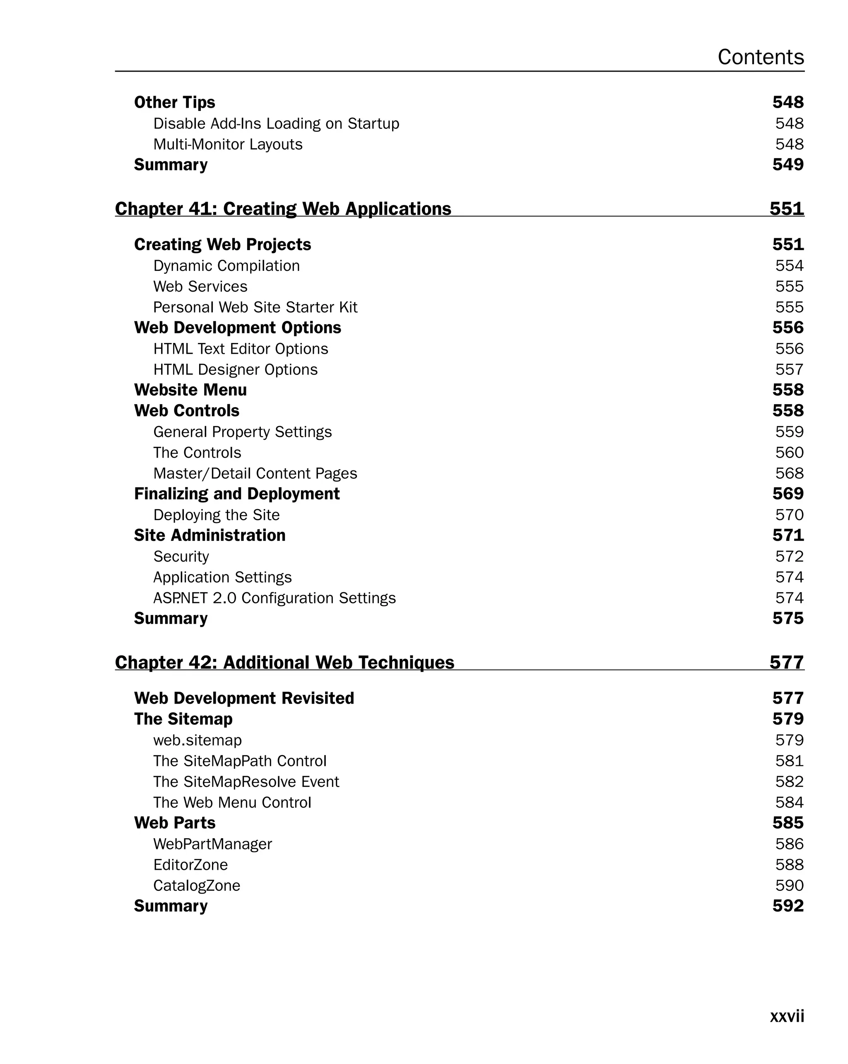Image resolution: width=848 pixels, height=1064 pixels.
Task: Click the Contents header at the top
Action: pos(760,57)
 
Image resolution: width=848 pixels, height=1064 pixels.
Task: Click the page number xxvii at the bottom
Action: pos(787,1016)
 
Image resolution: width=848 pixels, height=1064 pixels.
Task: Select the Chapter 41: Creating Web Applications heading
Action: pos(283,209)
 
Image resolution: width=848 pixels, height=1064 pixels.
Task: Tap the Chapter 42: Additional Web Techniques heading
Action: pos(284,662)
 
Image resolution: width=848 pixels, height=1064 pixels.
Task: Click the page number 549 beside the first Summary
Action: pos(788,165)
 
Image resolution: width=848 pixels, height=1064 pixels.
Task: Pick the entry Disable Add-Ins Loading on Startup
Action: pos(276,123)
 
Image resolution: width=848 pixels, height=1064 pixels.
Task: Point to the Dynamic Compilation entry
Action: pos(226,266)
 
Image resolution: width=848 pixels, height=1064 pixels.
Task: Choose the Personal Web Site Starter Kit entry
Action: pos(255,307)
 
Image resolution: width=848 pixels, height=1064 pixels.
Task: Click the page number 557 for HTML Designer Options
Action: pos(789,369)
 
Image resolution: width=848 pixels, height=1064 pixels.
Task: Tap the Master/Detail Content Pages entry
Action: pos(255,474)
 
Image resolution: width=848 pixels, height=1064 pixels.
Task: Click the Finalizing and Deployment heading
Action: pos(237,494)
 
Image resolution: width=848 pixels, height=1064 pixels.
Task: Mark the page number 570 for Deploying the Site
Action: pos(789,515)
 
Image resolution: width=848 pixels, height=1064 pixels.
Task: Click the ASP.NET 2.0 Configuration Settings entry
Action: pos(274,598)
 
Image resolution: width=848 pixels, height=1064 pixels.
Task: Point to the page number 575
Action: pos(788,619)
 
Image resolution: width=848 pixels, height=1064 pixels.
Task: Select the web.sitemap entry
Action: pos(198,740)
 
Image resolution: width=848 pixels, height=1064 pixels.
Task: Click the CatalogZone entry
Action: pos(196,885)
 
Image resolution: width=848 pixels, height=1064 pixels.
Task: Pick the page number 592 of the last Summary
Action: pos(788,906)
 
